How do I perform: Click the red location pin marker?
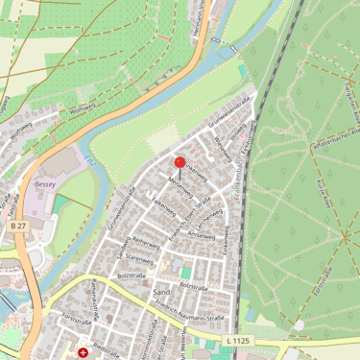pos(180,163)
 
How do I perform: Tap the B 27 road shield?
pos(16,225)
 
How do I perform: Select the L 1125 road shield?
pos(239,340)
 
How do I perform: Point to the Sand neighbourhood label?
pos(160,291)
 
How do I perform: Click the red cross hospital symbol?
pos(83,352)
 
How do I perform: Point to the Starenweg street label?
pos(138,259)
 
